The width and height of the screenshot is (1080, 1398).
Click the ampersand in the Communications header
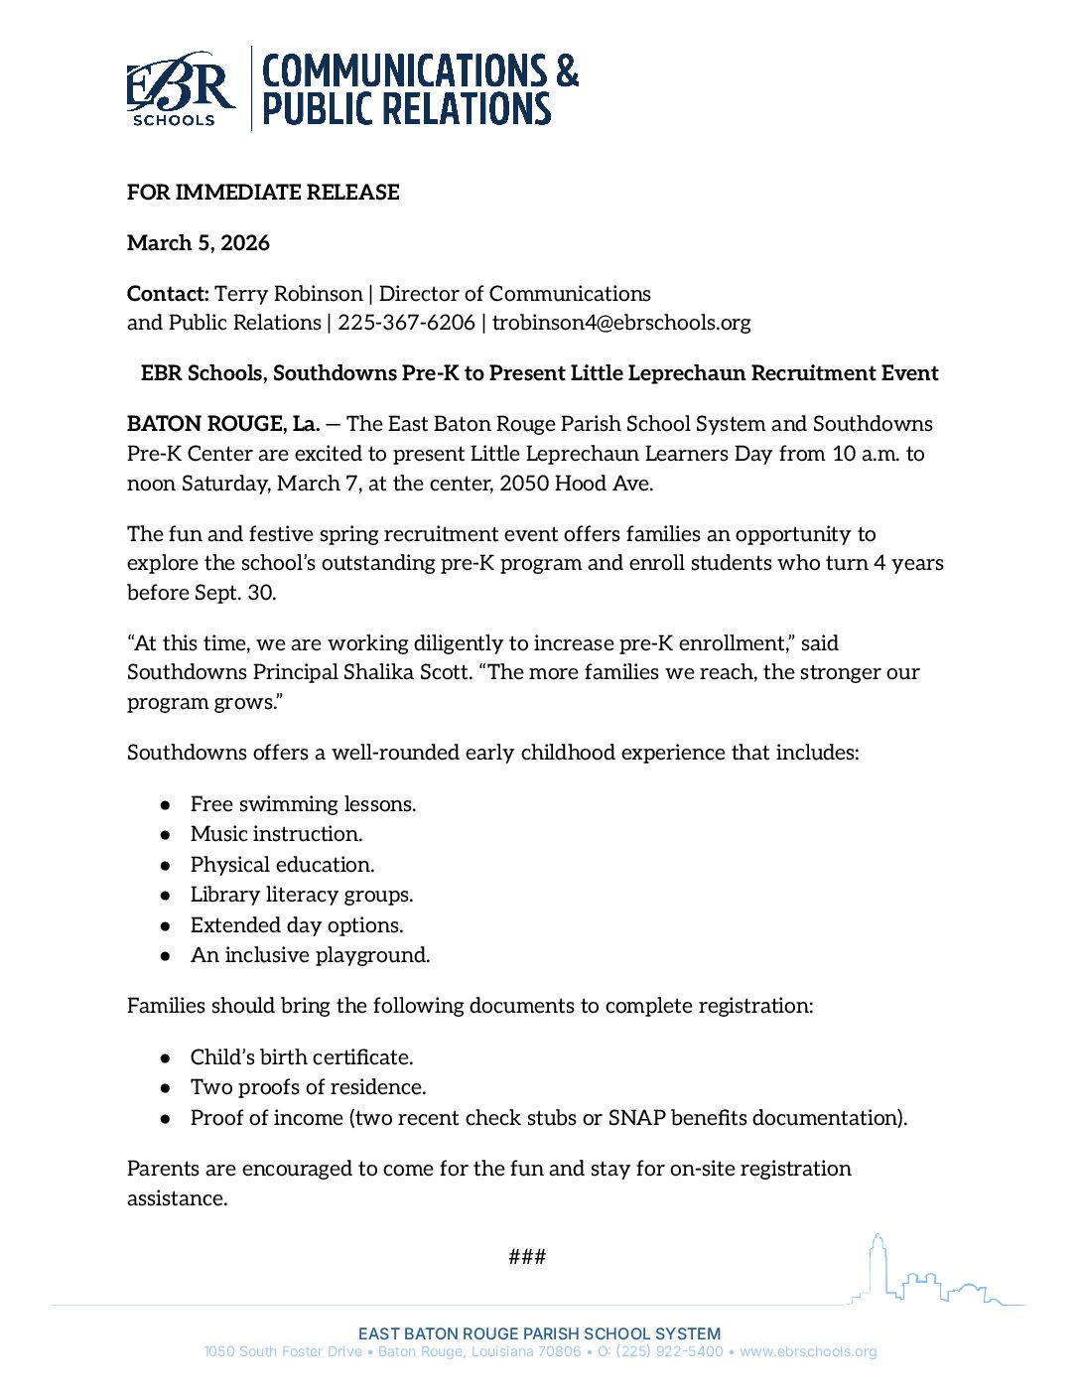click(566, 71)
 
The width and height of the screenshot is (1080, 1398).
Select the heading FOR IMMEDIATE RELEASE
click(263, 193)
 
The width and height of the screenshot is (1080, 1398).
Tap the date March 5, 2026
click(199, 243)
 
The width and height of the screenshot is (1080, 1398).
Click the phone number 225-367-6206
click(406, 323)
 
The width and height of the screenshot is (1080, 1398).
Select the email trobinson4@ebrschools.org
click(621, 323)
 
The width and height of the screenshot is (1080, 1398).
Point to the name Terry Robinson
click(289, 294)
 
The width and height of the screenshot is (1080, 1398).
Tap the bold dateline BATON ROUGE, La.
click(223, 424)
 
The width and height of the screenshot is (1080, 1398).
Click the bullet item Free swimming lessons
click(303, 804)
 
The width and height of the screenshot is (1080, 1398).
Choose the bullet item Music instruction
click(276, 834)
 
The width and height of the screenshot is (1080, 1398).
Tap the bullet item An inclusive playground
click(310, 955)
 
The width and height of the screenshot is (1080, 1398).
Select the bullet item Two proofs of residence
click(308, 1087)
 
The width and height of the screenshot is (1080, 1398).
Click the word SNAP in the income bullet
click(636, 1118)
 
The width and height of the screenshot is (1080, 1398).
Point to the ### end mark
click(527, 1257)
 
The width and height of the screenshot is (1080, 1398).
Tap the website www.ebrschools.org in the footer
click(808, 1351)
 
